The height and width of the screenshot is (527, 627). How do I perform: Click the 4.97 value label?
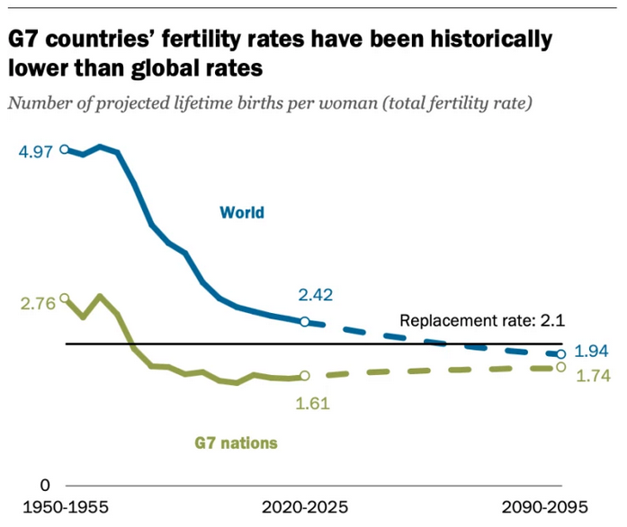(x=35, y=150)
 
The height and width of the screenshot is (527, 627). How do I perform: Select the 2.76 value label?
(x=35, y=303)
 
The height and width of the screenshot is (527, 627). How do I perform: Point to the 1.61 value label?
(x=312, y=403)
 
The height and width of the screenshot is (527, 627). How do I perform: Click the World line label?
(x=242, y=213)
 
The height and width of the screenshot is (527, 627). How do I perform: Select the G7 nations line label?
(x=236, y=442)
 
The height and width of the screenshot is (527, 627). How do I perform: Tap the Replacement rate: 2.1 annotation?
(x=482, y=320)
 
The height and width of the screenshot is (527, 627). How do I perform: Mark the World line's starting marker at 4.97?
(x=65, y=148)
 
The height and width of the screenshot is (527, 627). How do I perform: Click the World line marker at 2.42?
(x=304, y=322)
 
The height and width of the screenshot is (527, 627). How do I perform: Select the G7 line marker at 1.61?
(x=304, y=377)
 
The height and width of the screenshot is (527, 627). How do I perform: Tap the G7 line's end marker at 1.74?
(x=561, y=367)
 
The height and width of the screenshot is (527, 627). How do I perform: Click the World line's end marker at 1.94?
(x=561, y=354)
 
